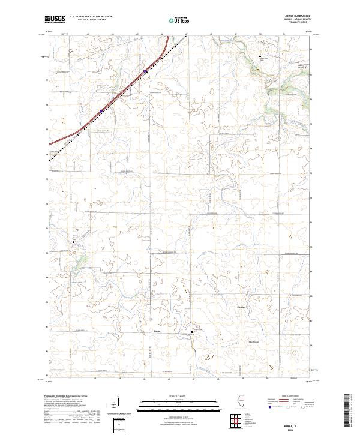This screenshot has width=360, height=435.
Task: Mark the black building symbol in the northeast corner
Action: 260,58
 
